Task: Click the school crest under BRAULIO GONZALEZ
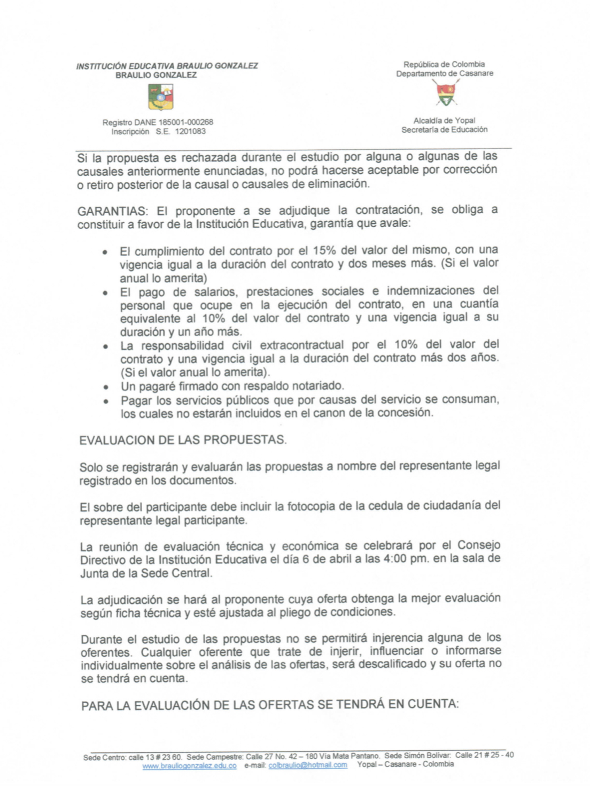coord(161,97)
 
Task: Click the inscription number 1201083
coord(190,132)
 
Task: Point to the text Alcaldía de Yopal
coord(444,121)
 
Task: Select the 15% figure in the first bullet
coord(324,250)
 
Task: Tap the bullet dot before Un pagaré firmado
coord(107,387)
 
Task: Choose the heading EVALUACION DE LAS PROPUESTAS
coord(183,440)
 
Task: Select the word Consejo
coord(479,545)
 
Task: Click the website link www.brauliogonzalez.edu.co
coord(189,766)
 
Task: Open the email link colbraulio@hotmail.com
coord(308,765)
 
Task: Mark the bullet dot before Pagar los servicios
coord(107,401)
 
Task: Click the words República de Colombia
coord(444,64)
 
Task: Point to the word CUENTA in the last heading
coord(432,704)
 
